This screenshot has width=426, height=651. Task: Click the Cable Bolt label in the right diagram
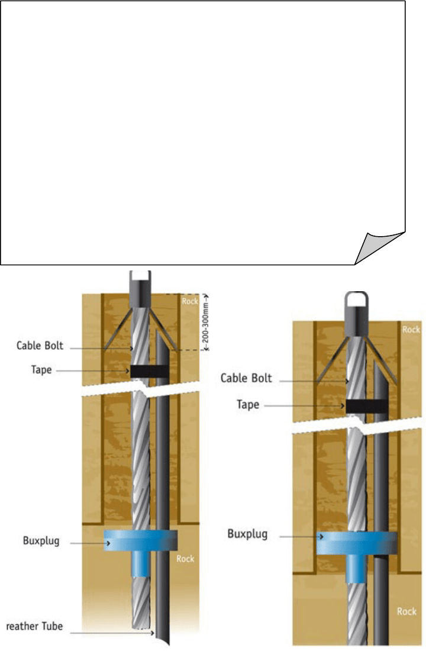pyautogui.click(x=247, y=378)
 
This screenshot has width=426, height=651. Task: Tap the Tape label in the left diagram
pyautogui.click(x=41, y=370)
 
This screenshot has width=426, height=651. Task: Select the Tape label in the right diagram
pyautogui.click(x=248, y=405)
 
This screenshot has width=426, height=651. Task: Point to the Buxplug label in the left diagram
pyautogui.click(x=41, y=540)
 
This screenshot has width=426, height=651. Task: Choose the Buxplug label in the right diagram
pyautogui.click(x=247, y=534)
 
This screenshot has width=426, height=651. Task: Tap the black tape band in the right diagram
pyautogui.click(x=367, y=406)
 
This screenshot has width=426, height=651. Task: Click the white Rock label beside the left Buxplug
pyautogui.click(x=185, y=558)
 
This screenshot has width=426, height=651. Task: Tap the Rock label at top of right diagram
pyautogui.click(x=411, y=329)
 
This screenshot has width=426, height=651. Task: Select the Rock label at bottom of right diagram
pyautogui.click(x=406, y=611)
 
